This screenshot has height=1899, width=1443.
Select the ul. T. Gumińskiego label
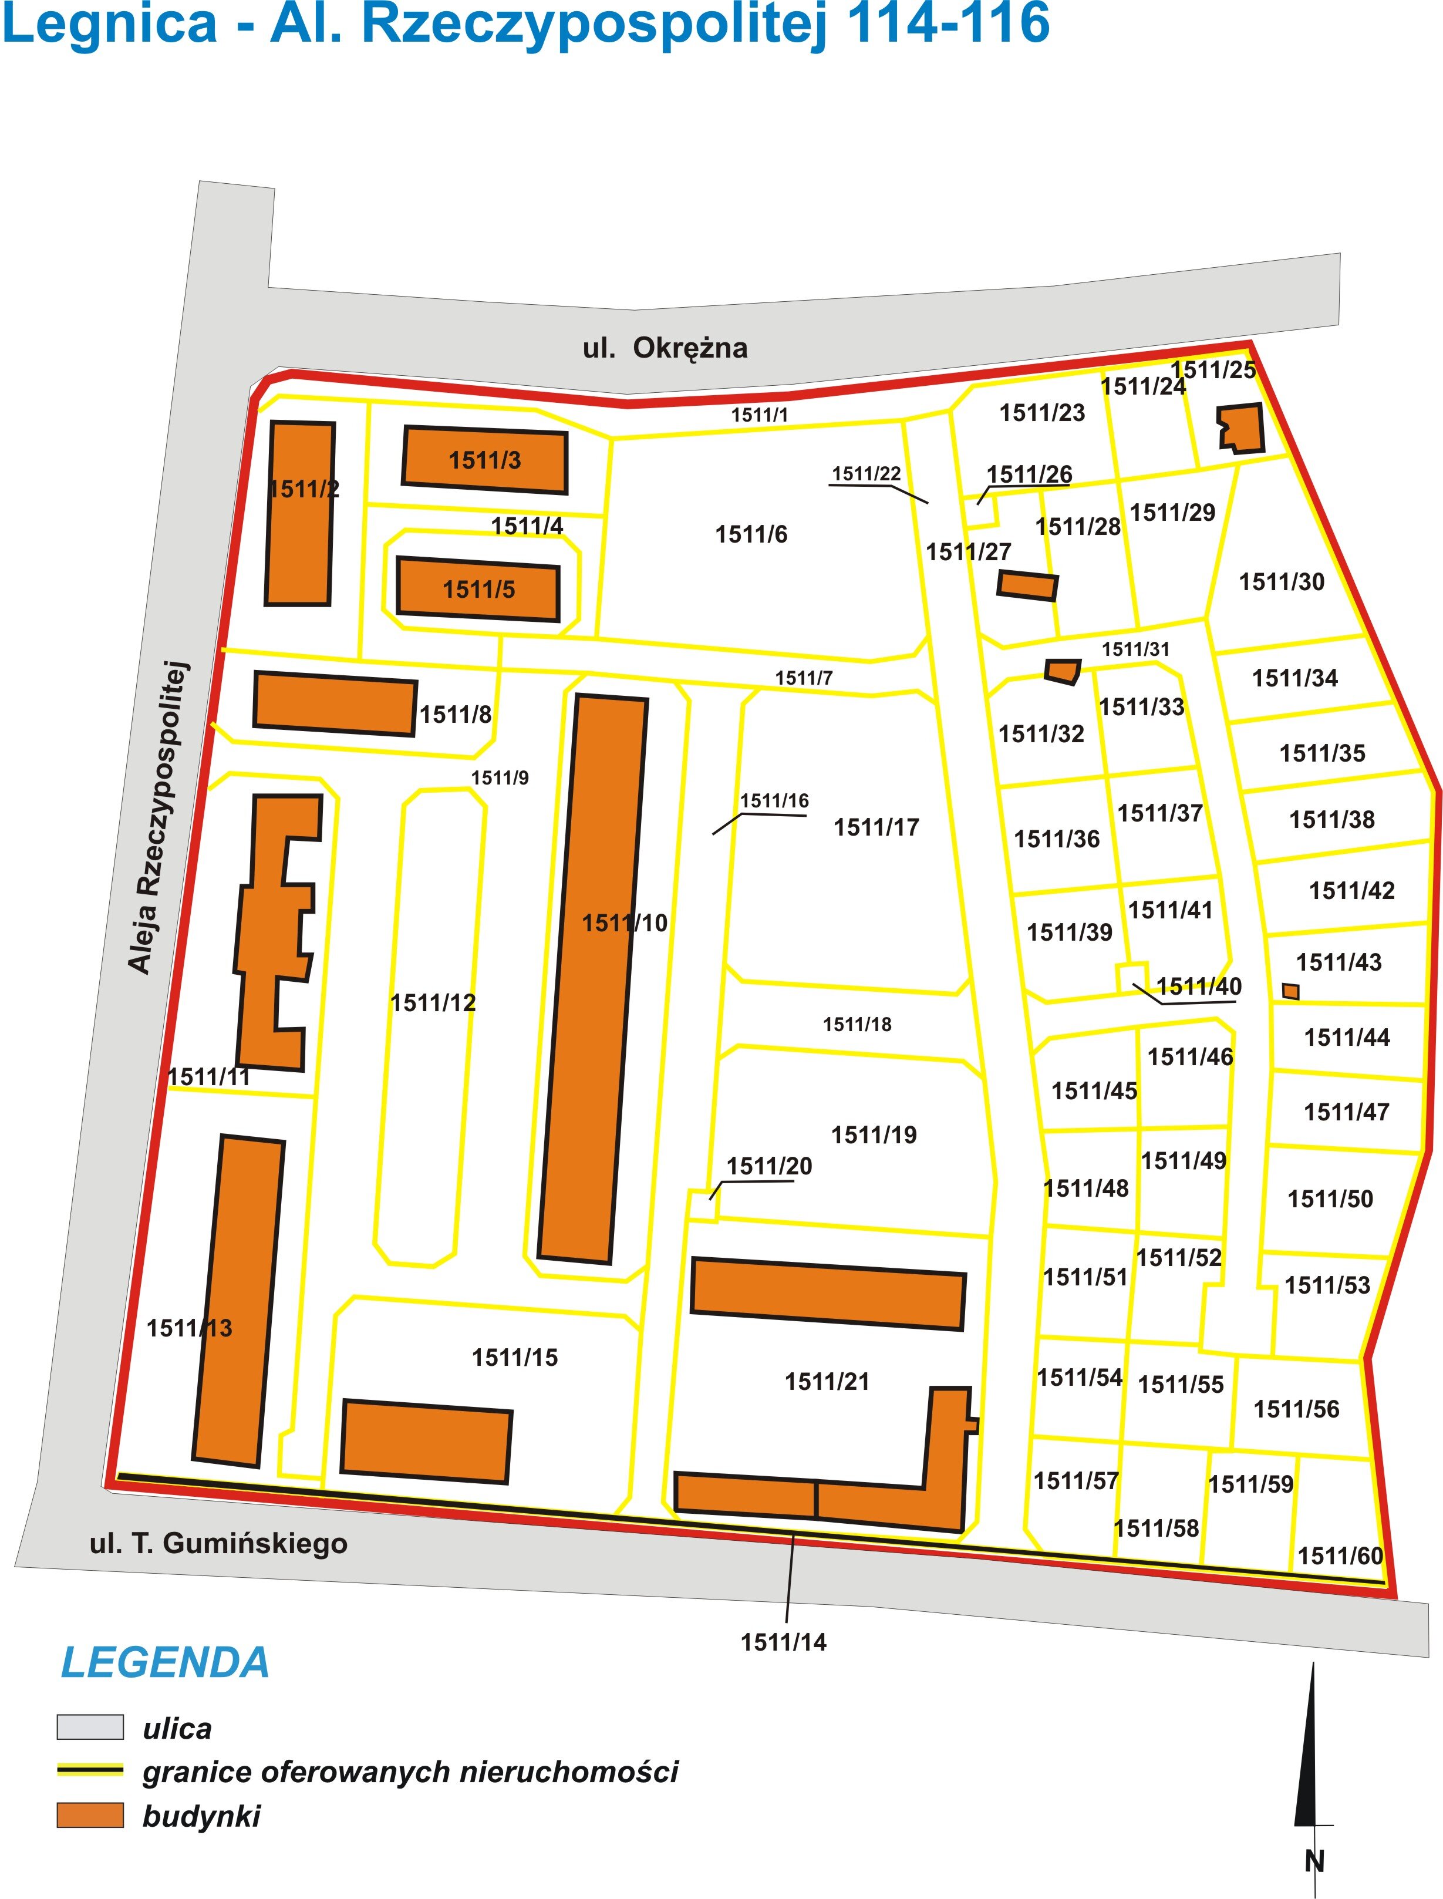218,1543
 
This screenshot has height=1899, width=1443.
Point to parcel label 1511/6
751,534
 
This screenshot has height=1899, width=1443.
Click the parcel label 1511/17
876,827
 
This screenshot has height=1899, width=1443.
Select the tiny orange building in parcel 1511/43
1290,991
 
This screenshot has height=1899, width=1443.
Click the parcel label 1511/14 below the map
783,1641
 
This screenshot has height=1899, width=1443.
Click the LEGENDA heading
165,1663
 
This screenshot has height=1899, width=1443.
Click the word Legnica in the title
110,24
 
